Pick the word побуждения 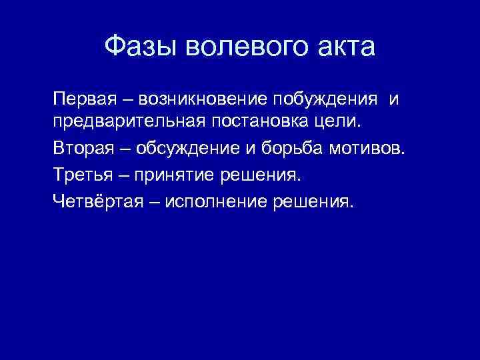coord(326,99)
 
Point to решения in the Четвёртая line coord(311,201)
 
